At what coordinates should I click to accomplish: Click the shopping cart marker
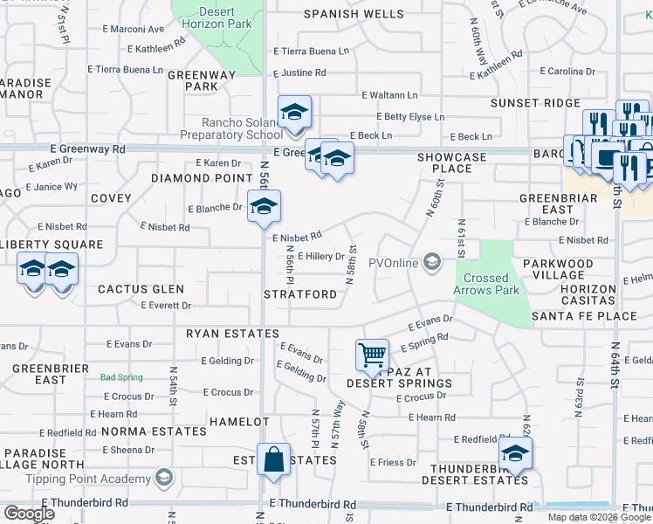click(373, 354)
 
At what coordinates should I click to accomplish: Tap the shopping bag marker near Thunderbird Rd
click(273, 458)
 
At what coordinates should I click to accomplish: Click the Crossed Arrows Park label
click(487, 284)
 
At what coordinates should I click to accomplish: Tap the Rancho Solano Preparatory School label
click(230, 128)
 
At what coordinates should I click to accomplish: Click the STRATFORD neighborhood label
click(300, 295)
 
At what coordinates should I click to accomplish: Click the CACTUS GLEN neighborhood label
click(141, 289)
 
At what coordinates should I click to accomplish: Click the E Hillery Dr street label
click(321, 257)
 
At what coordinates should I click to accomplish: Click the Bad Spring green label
click(120, 377)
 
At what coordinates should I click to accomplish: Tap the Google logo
click(29, 514)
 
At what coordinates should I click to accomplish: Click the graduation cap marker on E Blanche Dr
click(261, 207)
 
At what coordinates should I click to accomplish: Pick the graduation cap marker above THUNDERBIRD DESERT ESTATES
click(515, 453)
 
